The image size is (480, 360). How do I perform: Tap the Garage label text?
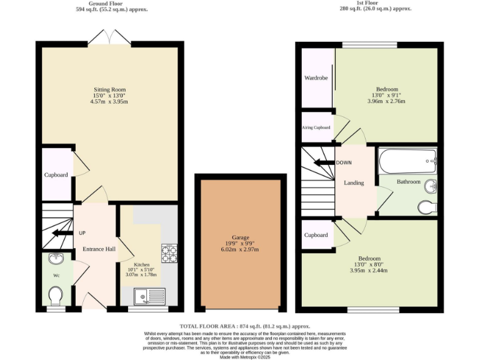click(241, 238)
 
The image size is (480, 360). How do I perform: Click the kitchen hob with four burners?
click(169, 254)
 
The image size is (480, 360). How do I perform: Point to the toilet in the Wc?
click(56, 294)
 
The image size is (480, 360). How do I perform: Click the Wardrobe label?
click(316, 79)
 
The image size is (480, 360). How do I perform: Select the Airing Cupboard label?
click(316, 127)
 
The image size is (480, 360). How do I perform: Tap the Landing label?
click(354, 182)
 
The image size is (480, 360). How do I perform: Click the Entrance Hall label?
click(99, 249)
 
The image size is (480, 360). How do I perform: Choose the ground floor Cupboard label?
click(56, 175)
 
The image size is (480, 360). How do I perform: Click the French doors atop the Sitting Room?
click(109, 39)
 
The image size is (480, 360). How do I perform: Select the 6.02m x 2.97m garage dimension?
click(241, 249)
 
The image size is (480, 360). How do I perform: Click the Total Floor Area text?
click(244, 326)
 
